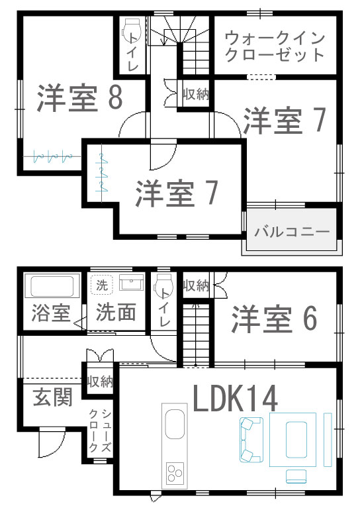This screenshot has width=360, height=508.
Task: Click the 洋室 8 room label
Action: point(80,98)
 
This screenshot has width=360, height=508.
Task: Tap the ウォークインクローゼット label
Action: point(275,46)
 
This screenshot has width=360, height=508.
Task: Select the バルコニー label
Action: point(292,232)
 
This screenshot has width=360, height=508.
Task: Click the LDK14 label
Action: point(236,398)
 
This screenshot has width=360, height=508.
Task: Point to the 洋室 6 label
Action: point(274,319)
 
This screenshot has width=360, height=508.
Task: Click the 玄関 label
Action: point(52,397)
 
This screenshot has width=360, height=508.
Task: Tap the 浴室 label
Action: point(51,313)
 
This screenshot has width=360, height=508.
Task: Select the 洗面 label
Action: point(116,312)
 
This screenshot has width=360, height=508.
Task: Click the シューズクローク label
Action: point(100,431)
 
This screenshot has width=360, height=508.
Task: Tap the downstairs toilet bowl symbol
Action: point(164,284)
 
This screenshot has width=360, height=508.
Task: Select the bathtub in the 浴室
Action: point(52,285)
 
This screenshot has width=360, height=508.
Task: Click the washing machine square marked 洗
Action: point(102,285)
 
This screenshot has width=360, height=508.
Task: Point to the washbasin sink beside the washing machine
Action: point(131,282)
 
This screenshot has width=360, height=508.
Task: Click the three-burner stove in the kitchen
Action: point(175,473)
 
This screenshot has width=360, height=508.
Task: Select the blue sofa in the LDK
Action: point(251,439)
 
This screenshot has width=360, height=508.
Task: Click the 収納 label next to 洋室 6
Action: point(197,285)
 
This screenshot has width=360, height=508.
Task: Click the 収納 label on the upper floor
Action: point(195,94)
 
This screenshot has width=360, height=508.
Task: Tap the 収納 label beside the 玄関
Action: point(100,381)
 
